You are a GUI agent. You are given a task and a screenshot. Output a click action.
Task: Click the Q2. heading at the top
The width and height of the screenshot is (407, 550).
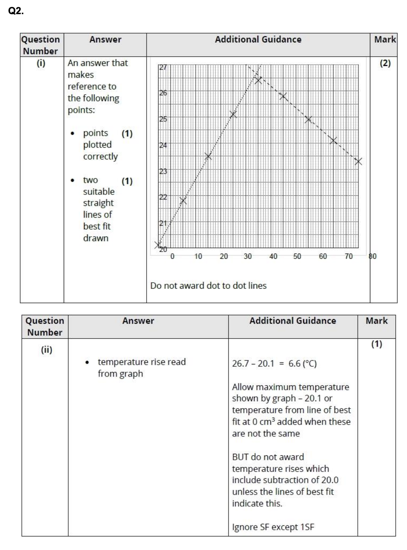(x=16, y=11)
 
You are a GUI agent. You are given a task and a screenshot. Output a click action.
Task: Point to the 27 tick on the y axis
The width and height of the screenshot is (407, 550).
(x=162, y=68)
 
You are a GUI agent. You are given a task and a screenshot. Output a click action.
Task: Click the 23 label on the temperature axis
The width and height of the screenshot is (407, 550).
(x=163, y=171)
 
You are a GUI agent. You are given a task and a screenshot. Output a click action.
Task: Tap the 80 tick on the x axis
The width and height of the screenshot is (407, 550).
(x=372, y=256)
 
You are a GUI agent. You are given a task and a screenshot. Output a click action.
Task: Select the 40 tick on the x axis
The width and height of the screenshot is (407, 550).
(x=273, y=256)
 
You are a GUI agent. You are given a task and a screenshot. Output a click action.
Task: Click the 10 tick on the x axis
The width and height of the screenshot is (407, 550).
(x=198, y=256)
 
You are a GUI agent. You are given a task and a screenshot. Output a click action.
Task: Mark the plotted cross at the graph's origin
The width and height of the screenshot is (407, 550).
(x=158, y=245)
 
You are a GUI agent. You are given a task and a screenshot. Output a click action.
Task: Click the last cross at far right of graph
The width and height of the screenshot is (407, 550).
(x=358, y=161)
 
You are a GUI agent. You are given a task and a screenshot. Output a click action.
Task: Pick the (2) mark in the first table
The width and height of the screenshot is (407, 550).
(x=385, y=63)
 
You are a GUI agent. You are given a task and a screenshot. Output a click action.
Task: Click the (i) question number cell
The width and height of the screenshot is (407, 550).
(x=41, y=63)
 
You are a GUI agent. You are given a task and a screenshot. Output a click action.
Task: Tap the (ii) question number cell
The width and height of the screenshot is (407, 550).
(x=46, y=349)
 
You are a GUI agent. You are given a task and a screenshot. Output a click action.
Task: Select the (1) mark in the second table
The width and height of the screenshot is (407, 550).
(x=376, y=344)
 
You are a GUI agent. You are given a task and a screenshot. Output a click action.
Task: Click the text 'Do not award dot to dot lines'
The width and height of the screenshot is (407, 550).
(x=208, y=286)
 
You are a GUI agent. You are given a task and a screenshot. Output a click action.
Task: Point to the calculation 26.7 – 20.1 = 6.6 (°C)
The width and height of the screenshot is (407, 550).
(x=274, y=364)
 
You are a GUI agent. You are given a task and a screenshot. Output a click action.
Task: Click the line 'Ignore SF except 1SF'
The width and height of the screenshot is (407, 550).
(x=273, y=527)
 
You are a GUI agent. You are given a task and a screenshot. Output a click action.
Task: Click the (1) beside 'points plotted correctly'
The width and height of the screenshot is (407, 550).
(x=127, y=133)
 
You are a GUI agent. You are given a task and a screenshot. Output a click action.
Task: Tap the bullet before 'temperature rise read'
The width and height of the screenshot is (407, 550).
(x=87, y=362)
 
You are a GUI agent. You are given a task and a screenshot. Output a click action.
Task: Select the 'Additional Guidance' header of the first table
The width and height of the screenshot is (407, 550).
(x=258, y=39)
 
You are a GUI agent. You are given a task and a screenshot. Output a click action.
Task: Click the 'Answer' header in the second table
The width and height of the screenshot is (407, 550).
(x=138, y=321)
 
